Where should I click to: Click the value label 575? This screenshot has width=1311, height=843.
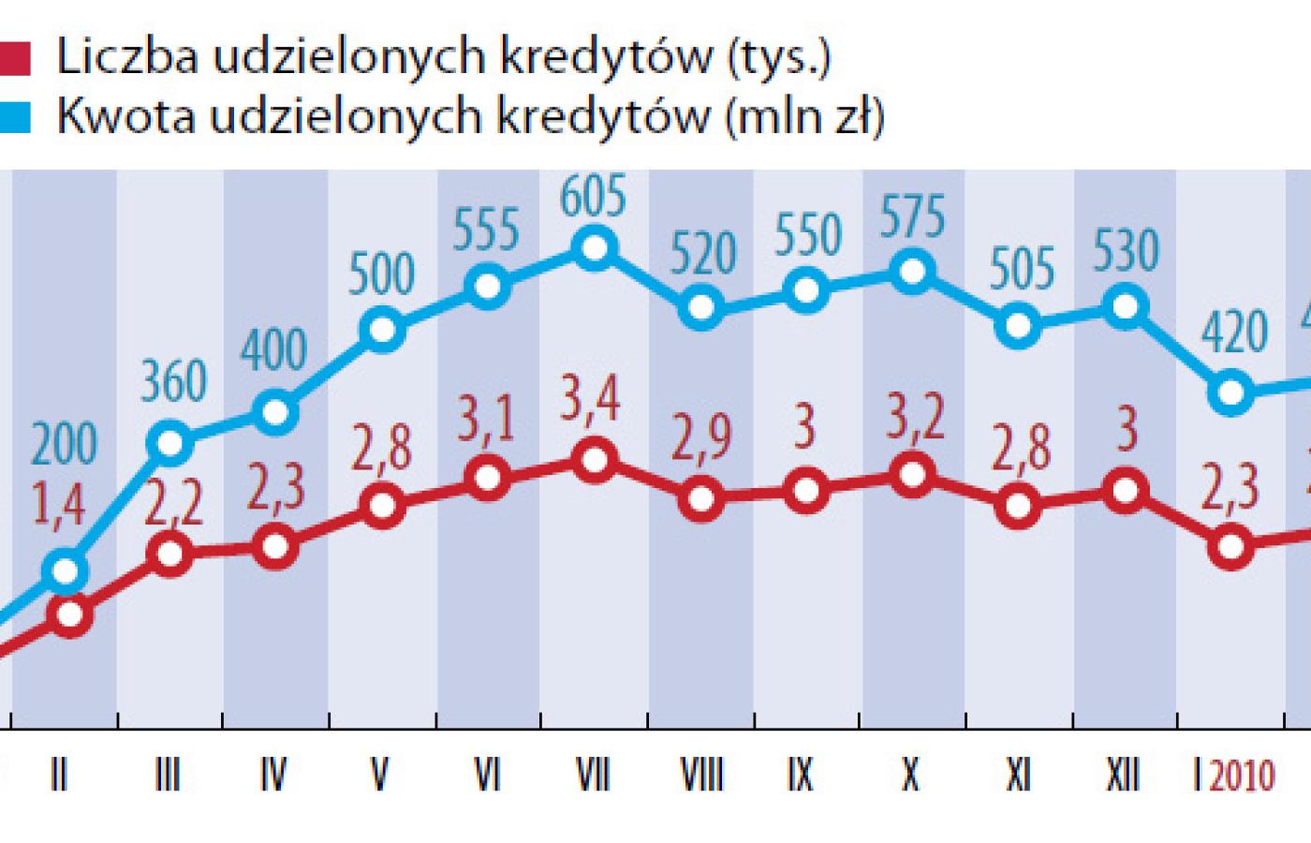pos(912,217)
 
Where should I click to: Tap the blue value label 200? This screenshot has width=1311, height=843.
pos(63,445)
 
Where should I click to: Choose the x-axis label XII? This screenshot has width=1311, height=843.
pos(1123,776)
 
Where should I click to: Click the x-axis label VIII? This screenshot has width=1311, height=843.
pos(700,776)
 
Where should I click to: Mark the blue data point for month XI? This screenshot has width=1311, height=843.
pos(1019,327)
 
